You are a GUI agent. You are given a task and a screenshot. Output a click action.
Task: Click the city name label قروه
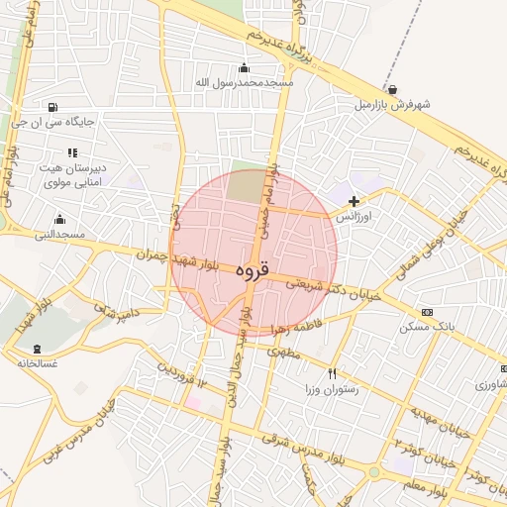[253, 268]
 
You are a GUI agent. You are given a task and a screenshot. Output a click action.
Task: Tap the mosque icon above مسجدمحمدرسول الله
[245, 67]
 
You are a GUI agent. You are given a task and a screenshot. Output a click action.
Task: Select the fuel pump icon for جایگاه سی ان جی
[51, 107]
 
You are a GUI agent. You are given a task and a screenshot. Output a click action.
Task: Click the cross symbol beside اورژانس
[354, 201]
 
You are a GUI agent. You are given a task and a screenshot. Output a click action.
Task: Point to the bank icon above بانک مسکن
[427, 312]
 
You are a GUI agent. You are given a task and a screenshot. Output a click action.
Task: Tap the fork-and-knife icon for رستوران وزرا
[332, 374]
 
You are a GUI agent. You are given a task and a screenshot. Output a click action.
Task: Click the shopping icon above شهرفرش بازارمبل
[393, 89]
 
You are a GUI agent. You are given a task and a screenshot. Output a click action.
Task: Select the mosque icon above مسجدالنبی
[59, 220]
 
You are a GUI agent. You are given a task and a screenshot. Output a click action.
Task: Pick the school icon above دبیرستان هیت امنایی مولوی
[71, 152]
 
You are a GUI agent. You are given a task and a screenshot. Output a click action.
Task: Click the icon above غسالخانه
[38, 349]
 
